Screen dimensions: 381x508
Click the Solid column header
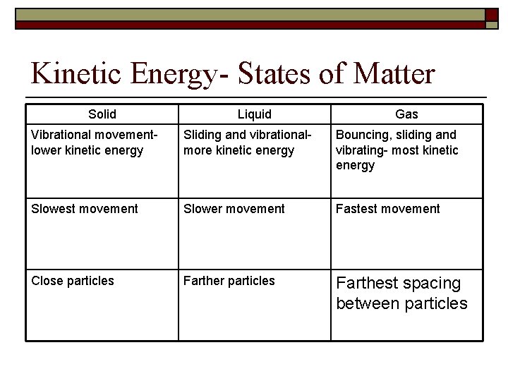[x=102, y=114]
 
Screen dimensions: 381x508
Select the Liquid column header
[x=255, y=114]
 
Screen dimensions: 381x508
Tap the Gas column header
[x=407, y=114]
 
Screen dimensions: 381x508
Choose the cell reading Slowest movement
[x=85, y=209]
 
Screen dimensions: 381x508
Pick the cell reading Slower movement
[x=234, y=209]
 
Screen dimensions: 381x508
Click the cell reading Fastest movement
[x=387, y=209]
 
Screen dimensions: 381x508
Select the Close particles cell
[x=73, y=281]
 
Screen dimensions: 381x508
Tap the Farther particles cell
[x=229, y=281]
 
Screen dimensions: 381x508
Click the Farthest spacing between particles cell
[x=401, y=294]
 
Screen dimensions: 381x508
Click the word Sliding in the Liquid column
[x=202, y=135]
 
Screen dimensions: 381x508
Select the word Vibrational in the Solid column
[x=59, y=135]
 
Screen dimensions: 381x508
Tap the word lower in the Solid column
[x=47, y=150]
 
